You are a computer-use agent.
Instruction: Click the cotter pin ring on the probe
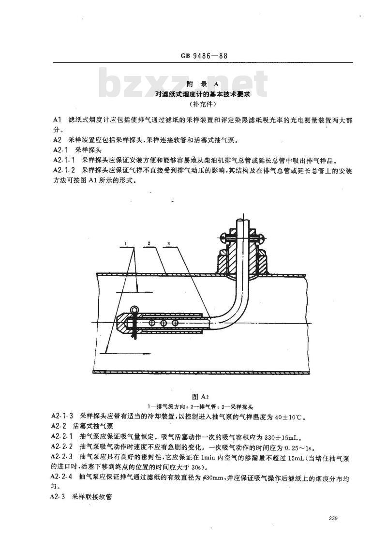coord(134,310)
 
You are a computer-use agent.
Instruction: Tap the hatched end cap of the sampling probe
coord(122,323)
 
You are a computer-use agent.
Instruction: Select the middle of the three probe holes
coord(163,323)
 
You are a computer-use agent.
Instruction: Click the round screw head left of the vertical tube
coord(222,236)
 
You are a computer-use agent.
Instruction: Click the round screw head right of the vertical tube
coord(263,236)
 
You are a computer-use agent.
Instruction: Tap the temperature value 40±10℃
coord(284,417)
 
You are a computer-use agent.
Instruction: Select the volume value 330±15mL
coord(283,437)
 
